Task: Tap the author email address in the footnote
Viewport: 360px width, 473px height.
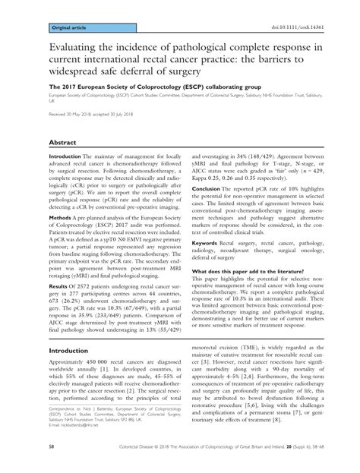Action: pos(80,436)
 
